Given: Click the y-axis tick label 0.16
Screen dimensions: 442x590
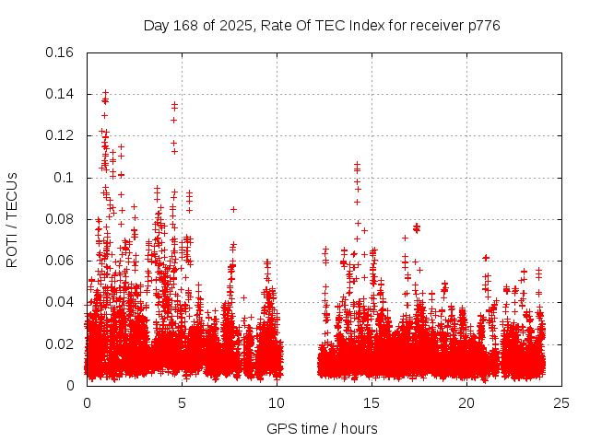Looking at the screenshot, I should [61, 52].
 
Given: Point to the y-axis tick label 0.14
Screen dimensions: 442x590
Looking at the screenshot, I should [61, 94].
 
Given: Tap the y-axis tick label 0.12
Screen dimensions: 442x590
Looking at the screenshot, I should [61, 135].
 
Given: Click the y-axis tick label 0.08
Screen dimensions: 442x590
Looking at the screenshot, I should [61, 219].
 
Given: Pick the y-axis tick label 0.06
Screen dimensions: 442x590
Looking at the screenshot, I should [61, 261].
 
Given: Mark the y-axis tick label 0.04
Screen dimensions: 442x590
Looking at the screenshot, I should [61, 302].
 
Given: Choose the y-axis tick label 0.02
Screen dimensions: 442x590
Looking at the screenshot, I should [61, 344].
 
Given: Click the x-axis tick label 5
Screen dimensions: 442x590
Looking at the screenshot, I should [182, 403].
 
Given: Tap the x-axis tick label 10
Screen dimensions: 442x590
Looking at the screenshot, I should [277, 403].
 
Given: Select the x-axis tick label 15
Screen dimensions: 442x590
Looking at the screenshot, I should [372, 403].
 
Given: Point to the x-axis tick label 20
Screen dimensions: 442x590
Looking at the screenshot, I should [466, 403].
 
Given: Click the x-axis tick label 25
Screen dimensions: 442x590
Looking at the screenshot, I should [561, 403].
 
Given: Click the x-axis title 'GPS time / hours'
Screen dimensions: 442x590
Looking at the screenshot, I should [322, 428].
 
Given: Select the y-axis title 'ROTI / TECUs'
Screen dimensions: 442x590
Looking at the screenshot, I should [12, 219].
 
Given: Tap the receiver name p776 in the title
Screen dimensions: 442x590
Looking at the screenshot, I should [482, 25].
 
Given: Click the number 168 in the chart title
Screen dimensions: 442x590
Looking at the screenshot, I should [185, 25].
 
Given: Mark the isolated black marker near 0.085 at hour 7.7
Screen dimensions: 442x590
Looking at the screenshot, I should [233, 209].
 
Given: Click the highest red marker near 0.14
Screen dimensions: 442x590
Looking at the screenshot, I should [105, 92].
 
